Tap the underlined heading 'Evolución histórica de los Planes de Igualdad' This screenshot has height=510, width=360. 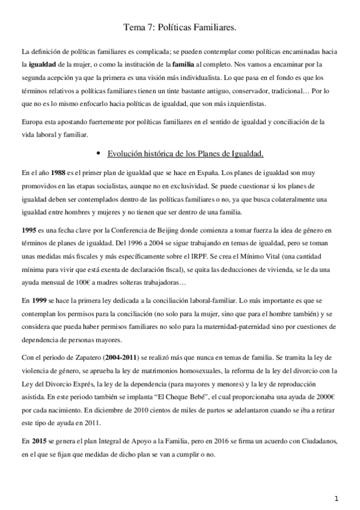coord(184,154)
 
